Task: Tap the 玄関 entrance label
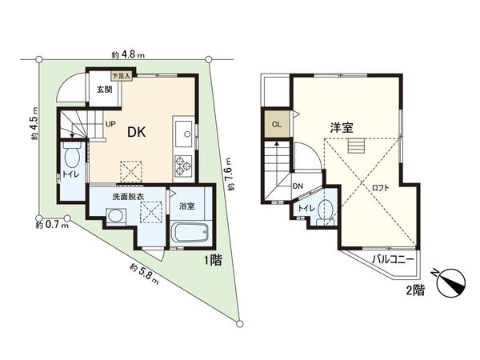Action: [105, 90]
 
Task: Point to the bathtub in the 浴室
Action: [190, 235]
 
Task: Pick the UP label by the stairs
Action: [109, 125]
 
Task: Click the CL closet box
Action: [276, 125]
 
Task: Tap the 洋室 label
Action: [343, 126]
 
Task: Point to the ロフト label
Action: [381, 187]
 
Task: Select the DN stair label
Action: [298, 186]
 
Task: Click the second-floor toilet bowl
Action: [324, 211]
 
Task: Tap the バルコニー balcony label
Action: [392, 260]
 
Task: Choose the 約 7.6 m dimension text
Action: [230, 172]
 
